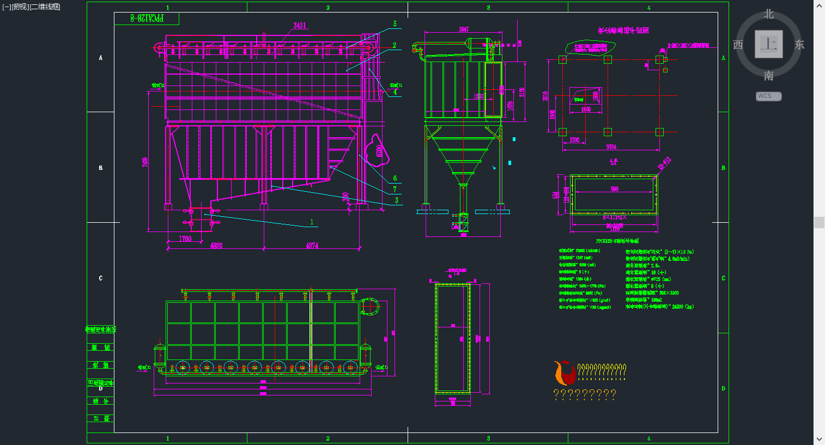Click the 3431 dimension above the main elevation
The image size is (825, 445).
click(x=300, y=26)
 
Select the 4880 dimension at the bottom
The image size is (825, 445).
click(x=216, y=246)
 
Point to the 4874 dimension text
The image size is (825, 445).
click(x=312, y=246)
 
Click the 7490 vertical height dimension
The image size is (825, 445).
click(x=145, y=162)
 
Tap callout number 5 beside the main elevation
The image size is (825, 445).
click(x=395, y=24)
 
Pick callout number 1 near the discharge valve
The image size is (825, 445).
click(x=312, y=222)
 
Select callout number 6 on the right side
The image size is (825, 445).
click(x=395, y=178)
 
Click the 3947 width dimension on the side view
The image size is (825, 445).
click(x=464, y=29)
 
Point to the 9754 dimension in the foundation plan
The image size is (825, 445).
click(x=611, y=147)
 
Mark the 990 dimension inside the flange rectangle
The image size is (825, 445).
click(x=615, y=189)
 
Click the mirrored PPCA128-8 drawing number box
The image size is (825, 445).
click(x=147, y=19)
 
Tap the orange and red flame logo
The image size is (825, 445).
click(x=565, y=373)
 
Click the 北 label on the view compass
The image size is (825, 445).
click(x=768, y=14)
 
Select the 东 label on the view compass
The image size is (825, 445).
click(x=799, y=45)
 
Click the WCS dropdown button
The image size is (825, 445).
click(x=768, y=96)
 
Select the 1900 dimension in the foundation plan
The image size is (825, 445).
click(x=586, y=109)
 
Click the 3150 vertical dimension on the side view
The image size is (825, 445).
click(x=522, y=93)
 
